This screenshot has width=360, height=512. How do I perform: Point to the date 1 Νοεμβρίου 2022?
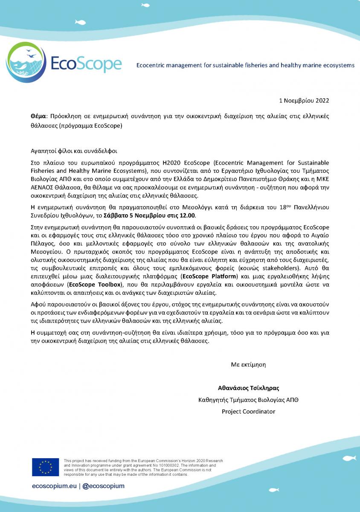pyautogui.click(x=304, y=101)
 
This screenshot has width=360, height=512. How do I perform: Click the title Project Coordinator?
pyautogui.click(x=248, y=412)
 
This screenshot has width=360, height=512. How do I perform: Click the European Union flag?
pyautogui.click(x=45, y=467)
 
